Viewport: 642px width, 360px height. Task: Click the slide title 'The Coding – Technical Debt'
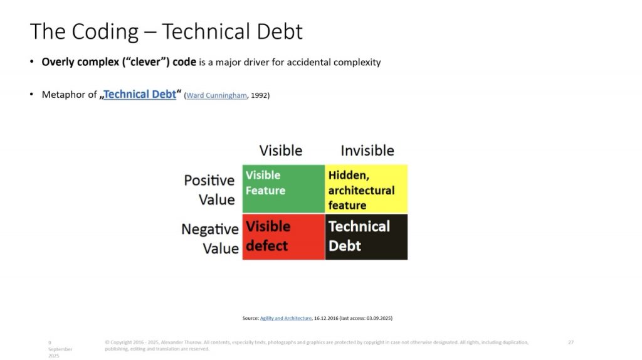click(x=166, y=31)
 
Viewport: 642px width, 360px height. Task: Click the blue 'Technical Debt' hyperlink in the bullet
click(x=140, y=95)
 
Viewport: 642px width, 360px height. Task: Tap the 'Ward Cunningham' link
click(x=216, y=95)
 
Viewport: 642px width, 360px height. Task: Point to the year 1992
click(x=259, y=95)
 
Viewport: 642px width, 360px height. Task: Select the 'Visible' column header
click(x=281, y=151)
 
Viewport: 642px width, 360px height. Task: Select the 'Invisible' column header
click(x=367, y=151)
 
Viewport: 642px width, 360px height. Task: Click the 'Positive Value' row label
click(x=209, y=190)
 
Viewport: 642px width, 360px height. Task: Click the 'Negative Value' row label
click(x=210, y=238)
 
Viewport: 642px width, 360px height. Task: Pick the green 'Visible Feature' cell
click(x=283, y=189)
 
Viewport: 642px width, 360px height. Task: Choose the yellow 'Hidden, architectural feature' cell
click(x=366, y=189)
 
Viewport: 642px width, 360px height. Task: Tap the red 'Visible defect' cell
click(x=283, y=236)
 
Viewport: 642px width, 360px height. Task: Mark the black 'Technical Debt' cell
click(x=366, y=236)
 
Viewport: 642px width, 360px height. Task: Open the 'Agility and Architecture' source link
click(x=286, y=318)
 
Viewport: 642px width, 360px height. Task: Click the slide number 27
click(x=571, y=342)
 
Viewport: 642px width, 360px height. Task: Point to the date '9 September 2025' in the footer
click(x=60, y=349)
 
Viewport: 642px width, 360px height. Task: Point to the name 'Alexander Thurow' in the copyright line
click(x=181, y=342)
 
